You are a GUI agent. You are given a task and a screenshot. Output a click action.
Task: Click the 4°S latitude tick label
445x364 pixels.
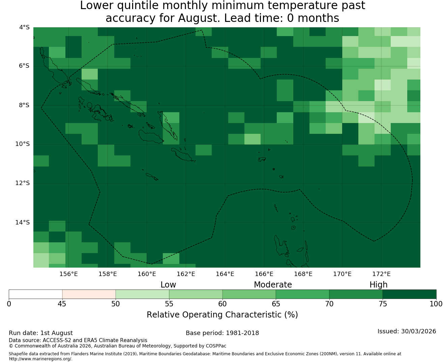click(x=24, y=27)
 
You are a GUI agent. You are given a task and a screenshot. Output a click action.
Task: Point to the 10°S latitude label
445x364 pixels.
click(x=22, y=144)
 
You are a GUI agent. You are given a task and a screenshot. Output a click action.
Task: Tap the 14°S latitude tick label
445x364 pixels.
click(x=22, y=222)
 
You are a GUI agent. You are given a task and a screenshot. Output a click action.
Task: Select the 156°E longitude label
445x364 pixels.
click(x=68, y=274)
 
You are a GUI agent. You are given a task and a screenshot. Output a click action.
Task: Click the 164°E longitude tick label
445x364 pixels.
click(x=225, y=274)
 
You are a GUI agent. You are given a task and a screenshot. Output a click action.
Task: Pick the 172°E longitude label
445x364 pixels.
click(x=381, y=274)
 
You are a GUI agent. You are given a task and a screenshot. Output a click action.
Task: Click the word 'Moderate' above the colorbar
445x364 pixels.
click(x=273, y=285)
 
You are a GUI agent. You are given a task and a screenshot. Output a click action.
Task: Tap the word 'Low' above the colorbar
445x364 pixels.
click(x=168, y=285)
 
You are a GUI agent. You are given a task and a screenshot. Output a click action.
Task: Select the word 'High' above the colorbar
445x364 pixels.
click(x=378, y=285)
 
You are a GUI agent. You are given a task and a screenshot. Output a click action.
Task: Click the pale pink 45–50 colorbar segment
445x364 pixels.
click(x=89, y=294)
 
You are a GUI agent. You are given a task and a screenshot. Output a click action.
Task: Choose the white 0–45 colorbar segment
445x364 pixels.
click(x=35, y=294)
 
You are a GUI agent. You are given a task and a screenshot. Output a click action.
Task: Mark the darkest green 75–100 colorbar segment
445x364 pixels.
click(x=409, y=294)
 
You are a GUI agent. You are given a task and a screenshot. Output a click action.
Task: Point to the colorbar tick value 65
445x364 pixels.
click(x=276, y=304)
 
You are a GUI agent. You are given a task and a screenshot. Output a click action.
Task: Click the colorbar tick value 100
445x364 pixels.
click(x=436, y=304)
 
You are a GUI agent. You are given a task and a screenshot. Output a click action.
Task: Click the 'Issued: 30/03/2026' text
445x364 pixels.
click(x=407, y=331)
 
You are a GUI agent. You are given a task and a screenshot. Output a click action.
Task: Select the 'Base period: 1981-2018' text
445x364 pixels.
click(x=222, y=333)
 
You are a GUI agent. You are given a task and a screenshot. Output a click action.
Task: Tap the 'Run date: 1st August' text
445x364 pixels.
click(x=41, y=333)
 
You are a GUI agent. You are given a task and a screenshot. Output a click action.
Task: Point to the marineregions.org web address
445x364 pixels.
click(x=40, y=359)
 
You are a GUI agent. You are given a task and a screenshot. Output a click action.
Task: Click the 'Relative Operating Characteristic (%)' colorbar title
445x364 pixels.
click(x=222, y=314)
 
